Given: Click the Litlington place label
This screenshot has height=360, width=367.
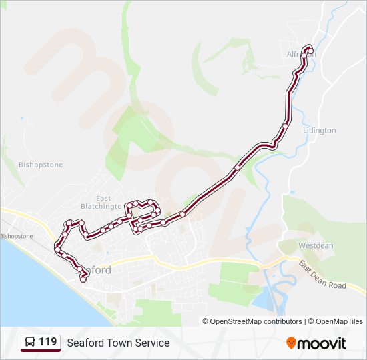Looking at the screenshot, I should pyautogui.click(x=320, y=131).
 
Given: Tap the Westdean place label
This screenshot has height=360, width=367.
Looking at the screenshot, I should pyautogui.click(x=316, y=245).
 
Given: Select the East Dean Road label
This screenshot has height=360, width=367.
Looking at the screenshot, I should pyautogui.click(x=323, y=275).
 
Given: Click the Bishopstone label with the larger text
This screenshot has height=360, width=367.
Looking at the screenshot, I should pyautogui.click(x=41, y=165).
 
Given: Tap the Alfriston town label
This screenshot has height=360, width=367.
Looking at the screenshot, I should pyautogui.click(x=300, y=54).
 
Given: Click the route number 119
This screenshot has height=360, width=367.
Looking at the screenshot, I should pyautogui.click(x=47, y=342).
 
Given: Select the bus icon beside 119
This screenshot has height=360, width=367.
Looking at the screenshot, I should pyautogui.click(x=30, y=343).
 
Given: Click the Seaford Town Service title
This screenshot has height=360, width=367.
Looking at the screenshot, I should pyautogui.click(x=118, y=343).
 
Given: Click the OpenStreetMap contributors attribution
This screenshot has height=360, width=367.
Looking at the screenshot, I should pyautogui.click(x=252, y=321).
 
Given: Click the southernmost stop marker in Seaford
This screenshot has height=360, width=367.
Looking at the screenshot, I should pyautogui.click(x=83, y=280).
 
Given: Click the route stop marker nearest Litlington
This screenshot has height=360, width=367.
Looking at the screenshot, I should pyautogui.click(x=285, y=125).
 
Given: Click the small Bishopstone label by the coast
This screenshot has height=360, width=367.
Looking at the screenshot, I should pyautogui.click(x=16, y=236).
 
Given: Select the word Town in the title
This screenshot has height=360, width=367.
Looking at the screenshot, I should pyautogui.click(x=123, y=343).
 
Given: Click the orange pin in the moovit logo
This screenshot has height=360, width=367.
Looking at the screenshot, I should pyautogui.click(x=291, y=343).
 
